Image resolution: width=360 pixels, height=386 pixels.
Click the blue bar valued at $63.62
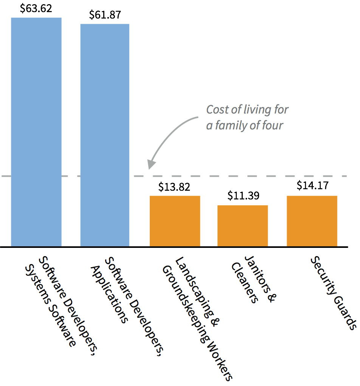(36, 132)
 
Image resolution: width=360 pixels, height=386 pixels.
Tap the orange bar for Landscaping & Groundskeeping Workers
(175, 221)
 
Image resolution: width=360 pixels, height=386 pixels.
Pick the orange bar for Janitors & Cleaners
(242, 226)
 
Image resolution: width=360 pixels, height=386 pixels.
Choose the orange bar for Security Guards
(312, 221)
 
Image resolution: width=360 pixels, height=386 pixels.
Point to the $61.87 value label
(105, 15)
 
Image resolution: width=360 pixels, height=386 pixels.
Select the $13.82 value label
(175, 187)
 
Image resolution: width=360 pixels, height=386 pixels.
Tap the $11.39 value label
(243, 196)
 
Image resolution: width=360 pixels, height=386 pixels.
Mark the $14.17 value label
(312, 186)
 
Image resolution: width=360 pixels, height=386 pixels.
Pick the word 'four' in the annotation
(272, 125)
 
